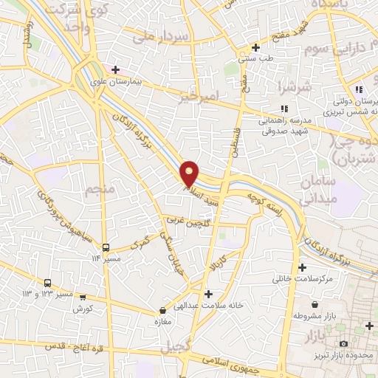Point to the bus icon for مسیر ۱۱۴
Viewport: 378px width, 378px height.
(x=106, y=248)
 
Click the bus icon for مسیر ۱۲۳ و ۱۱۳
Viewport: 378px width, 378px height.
(x=48, y=283)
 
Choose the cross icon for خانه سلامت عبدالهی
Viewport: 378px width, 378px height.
(x=208, y=293)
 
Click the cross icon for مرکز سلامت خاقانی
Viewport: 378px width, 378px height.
(x=302, y=267)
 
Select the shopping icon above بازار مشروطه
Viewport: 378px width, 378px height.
(x=315, y=304)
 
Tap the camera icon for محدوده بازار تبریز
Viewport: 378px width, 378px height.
(x=343, y=344)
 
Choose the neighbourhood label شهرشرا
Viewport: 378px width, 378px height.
(x=283, y=86)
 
